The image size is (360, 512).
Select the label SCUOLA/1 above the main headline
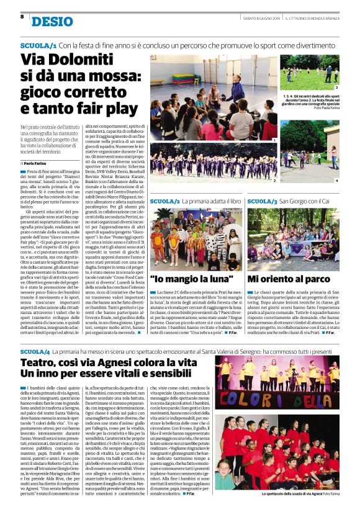click(x=38, y=46)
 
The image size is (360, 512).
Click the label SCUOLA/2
click(x=165, y=202)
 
